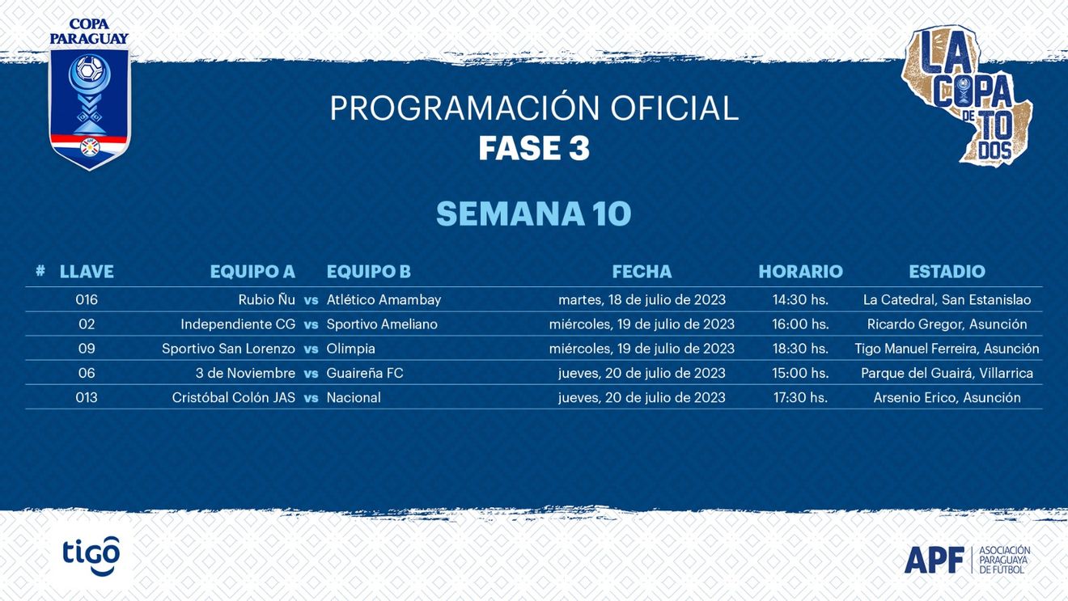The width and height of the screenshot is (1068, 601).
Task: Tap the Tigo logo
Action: point(91,556)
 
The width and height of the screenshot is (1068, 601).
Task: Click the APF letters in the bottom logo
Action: point(934,560)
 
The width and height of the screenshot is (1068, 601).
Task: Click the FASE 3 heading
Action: point(534,148)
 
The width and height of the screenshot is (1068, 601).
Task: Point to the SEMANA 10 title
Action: point(534,214)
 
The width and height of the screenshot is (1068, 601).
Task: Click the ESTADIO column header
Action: point(947,271)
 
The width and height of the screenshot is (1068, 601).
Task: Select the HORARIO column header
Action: point(800,271)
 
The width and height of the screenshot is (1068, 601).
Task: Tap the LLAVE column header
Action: point(87,271)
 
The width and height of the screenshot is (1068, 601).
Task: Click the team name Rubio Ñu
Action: point(266,299)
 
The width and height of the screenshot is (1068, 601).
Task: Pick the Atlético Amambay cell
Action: point(384,300)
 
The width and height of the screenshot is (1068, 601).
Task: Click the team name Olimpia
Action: point(351,349)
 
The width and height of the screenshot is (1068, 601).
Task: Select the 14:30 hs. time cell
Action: point(800,299)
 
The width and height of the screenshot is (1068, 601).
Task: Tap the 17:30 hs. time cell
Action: point(800,397)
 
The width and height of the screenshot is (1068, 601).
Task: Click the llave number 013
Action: point(87,397)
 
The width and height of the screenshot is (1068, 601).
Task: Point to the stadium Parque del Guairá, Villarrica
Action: point(947,373)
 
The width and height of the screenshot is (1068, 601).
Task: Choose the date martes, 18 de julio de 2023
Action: point(642,300)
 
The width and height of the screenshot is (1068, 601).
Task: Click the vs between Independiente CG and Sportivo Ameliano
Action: point(311,324)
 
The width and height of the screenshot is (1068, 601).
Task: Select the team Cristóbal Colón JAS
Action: point(234,397)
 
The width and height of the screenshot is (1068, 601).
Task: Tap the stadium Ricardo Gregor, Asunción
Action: point(947,324)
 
